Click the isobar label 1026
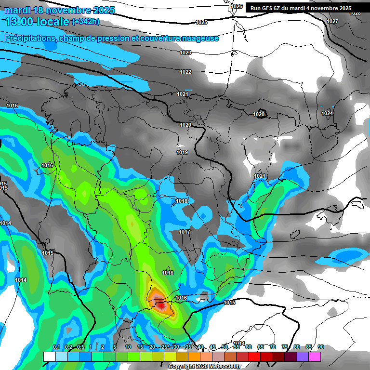coord(237,6)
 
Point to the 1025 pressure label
coord(201,23)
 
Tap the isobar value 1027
coord(332,22)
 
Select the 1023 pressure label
coord(185,53)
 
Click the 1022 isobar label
coord(185,72)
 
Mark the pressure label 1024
coord(327,114)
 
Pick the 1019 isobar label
coord(182,152)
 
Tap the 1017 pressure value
coord(185,232)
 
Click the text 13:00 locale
coord(37,22)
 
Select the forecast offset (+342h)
coord(86,22)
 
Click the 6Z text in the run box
coord(281,8)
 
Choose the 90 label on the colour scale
coord(321,347)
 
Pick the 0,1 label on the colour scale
coord(56,347)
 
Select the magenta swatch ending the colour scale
coord(315,357)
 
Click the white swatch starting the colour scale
coord(49,357)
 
